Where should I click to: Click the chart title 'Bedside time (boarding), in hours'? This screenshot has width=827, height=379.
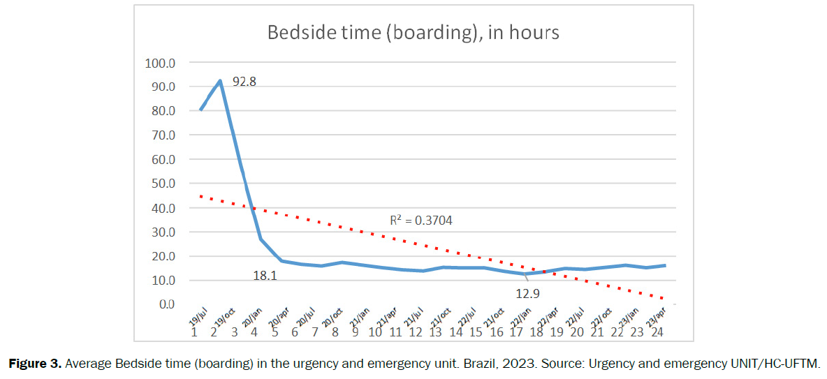[413, 33]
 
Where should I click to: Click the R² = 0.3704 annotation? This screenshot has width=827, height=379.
[420, 221]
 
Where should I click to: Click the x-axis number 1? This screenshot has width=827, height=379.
[194, 332]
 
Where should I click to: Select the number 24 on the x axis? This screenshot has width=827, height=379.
[657, 332]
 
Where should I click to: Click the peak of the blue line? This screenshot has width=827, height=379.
[221, 81]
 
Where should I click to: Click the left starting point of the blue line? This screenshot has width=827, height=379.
[200, 110]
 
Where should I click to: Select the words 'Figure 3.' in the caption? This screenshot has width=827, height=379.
[31, 364]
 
